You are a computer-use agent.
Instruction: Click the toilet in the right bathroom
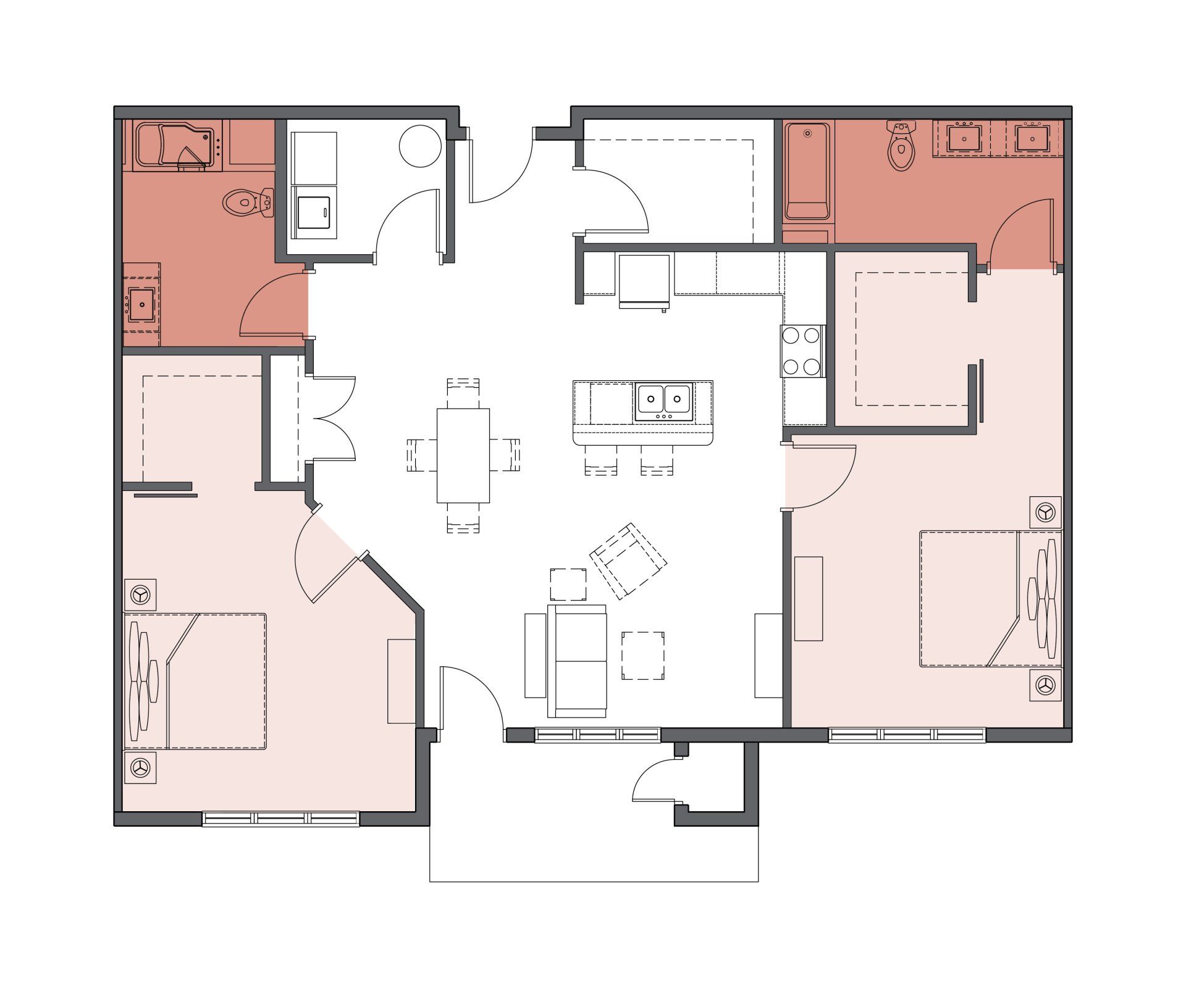(x=901, y=146)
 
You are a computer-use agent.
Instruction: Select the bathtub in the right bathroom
(x=807, y=171)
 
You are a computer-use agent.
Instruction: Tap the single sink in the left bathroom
(x=141, y=304)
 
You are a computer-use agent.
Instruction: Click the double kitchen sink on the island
(x=664, y=401)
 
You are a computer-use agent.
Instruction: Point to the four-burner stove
(x=802, y=351)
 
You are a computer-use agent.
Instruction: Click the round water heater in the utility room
(x=420, y=146)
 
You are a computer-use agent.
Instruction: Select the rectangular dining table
(x=463, y=456)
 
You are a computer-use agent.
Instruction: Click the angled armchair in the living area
(x=629, y=560)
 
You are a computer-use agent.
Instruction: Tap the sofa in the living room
(x=577, y=661)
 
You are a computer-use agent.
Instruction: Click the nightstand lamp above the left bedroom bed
(x=140, y=595)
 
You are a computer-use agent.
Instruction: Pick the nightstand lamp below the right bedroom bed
(x=1045, y=685)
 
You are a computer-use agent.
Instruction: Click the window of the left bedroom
(x=281, y=819)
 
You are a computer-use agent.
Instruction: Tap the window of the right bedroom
(x=907, y=735)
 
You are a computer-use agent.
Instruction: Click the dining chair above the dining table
(x=463, y=392)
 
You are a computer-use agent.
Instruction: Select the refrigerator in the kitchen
(x=644, y=280)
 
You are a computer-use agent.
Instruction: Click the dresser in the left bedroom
(x=401, y=681)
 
